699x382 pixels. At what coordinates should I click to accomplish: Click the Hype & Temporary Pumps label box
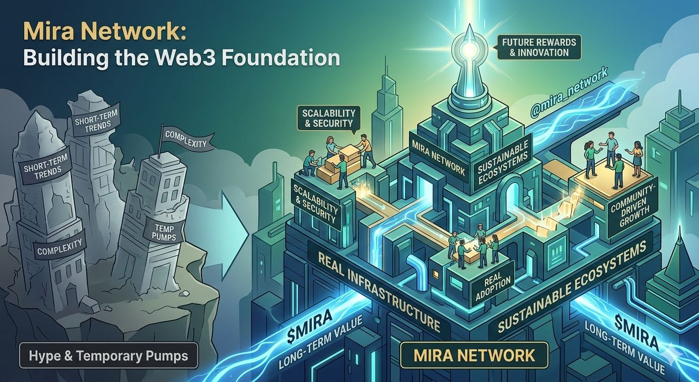coord(108,356)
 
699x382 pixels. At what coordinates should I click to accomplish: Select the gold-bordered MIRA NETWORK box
coord(474,356)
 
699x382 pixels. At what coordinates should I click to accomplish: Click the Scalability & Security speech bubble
coord(329,118)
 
